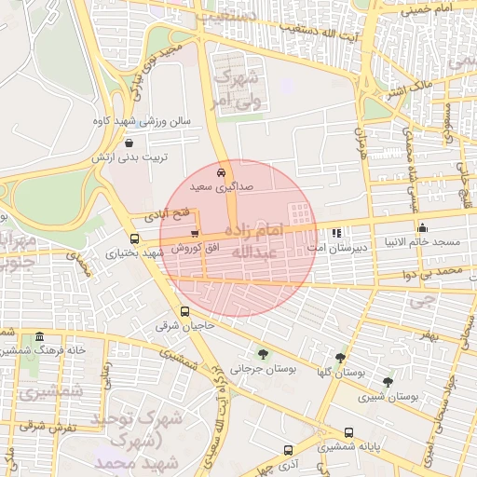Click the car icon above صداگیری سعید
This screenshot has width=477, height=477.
pyautogui.click(x=220, y=172)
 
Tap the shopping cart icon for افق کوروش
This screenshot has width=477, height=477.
pyautogui.click(x=194, y=233)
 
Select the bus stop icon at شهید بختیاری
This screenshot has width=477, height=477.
pyautogui.click(x=136, y=238)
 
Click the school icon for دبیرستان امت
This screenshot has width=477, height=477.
pyautogui.click(x=336, y=233)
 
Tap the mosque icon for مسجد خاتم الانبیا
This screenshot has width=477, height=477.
pyautogui.click(x=423, y=227)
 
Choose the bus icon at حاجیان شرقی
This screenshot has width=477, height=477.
pyautogui.click(x=184, y=312)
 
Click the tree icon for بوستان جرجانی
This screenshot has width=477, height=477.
pyautogui.click(x=263, y=353)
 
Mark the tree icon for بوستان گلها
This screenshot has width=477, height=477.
pyautogui.click(x=340, y=357)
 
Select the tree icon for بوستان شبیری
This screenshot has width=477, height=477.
pyautogui.click(x=388, y=382)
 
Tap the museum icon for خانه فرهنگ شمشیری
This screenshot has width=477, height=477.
pyautogui.click(x=39, y=336)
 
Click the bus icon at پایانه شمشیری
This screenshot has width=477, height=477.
pyautogui.click(x=348, y=432)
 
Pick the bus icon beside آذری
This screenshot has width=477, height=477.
pyautogui.click(x=288, y=449)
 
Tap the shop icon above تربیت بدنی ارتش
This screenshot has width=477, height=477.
pyautogui.click(x=128, y=143)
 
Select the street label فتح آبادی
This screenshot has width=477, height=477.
pyautogui.click(x=164, y=214)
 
